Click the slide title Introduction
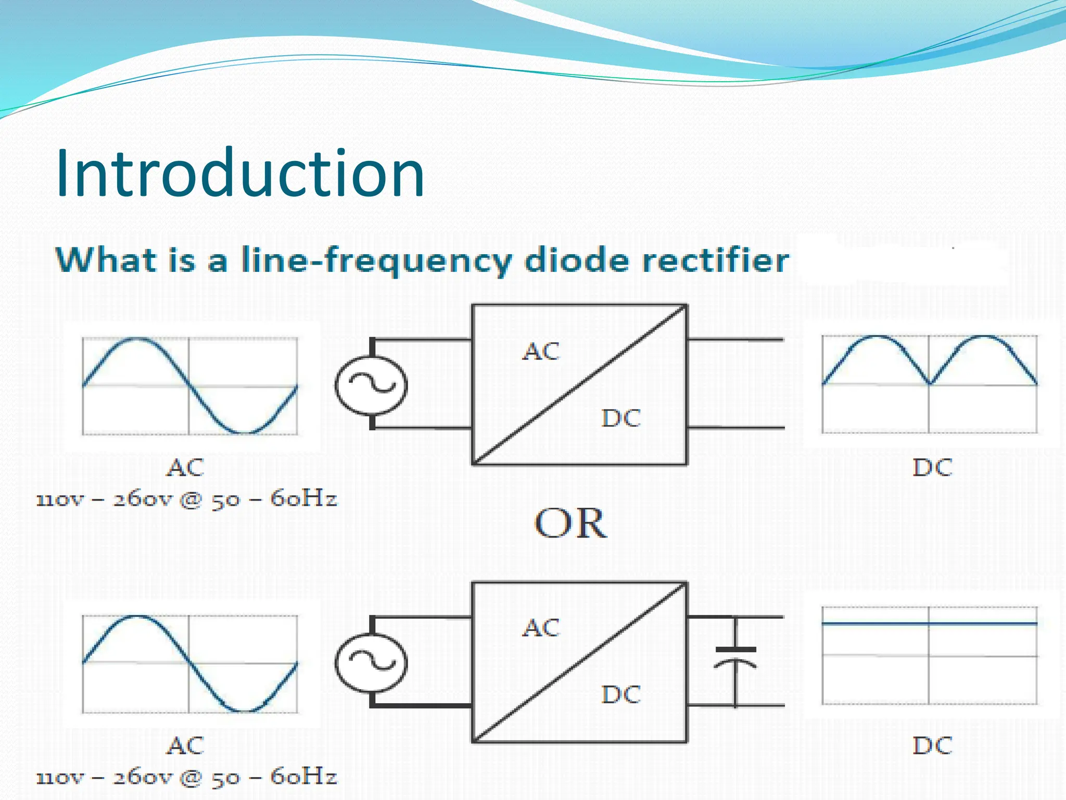240,173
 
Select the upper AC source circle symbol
371,385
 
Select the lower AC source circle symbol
371,662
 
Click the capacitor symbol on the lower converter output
735,657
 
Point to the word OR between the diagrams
570,523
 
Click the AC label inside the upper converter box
541,352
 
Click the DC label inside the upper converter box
621,418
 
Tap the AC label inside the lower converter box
541,628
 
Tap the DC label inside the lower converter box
621,695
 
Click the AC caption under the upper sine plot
185,468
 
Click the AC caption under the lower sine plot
185,745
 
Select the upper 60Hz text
303,499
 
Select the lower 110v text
59,778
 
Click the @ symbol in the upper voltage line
190,500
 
